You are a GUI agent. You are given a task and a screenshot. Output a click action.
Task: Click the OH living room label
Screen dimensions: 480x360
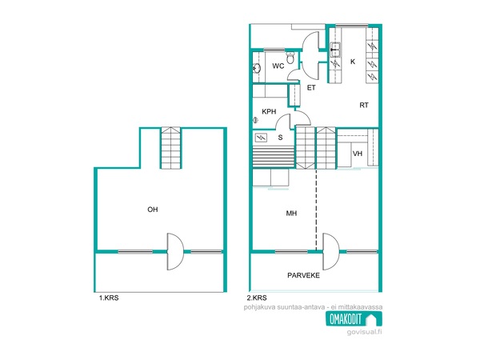coord(153,210)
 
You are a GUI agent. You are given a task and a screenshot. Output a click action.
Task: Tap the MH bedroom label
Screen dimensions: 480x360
coord(291,214)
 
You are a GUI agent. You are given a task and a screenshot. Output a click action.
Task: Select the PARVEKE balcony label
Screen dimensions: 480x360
coord(303,275)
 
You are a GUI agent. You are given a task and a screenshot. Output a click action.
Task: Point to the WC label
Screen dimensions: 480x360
coord(278,66)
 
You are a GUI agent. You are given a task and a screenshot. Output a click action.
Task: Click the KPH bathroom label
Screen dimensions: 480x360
coord(269,112)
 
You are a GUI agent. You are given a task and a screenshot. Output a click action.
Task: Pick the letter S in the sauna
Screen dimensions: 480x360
coord(280,138)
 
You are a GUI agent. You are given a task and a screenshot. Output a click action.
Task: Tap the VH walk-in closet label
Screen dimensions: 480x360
coord(358,154)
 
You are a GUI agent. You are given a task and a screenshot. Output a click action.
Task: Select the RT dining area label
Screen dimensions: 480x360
coord(364,106)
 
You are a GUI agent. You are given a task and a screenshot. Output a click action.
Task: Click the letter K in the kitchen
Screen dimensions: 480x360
coord(353,62)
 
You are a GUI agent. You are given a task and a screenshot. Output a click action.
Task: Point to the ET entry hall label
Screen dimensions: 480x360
coord(311,88)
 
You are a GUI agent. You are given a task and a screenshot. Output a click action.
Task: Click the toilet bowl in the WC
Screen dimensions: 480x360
coord(290,58)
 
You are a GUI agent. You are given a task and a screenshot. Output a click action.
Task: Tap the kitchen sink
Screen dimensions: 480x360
coord(335,50)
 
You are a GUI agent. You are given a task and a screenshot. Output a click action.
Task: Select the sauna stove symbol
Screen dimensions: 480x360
coord(261,138)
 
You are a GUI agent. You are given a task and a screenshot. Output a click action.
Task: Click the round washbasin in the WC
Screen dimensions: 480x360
coord(257,68)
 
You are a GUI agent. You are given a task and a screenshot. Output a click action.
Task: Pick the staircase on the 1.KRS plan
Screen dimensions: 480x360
coord(171,148)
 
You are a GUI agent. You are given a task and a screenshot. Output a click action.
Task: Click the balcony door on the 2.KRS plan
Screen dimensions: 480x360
coord(331,252)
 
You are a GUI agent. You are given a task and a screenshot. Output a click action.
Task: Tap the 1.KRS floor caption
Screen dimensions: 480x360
coord(109,298)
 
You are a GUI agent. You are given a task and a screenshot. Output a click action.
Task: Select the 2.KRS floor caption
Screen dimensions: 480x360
coord(257,298)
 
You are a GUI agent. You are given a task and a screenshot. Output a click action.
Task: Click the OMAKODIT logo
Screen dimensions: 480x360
coord(354,319)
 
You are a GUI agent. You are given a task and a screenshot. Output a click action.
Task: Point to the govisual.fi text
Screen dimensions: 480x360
coord(364,332)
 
